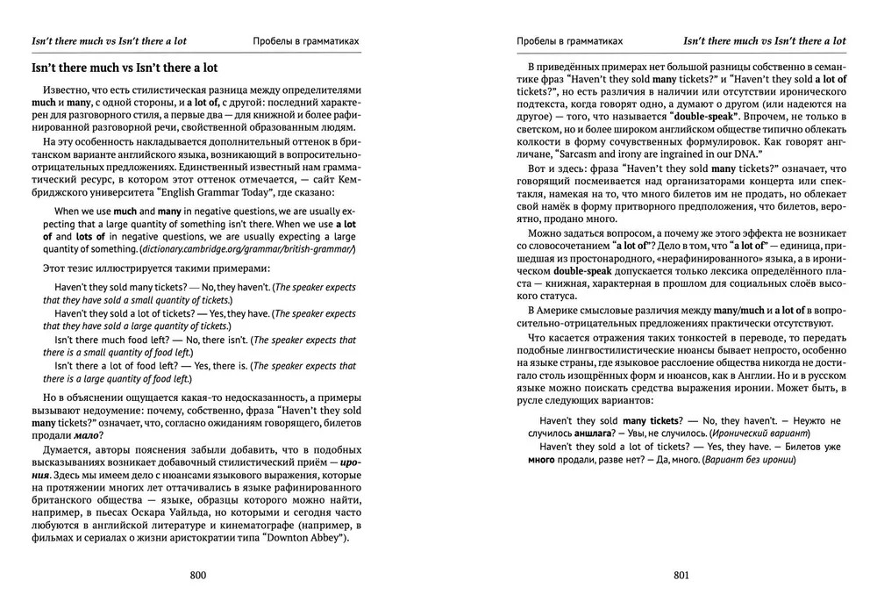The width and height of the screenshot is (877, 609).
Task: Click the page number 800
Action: coord(197,576)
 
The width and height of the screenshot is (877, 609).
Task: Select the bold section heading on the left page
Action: coord(125,68)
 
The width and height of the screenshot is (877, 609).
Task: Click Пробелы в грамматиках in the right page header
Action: coord(570,40)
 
